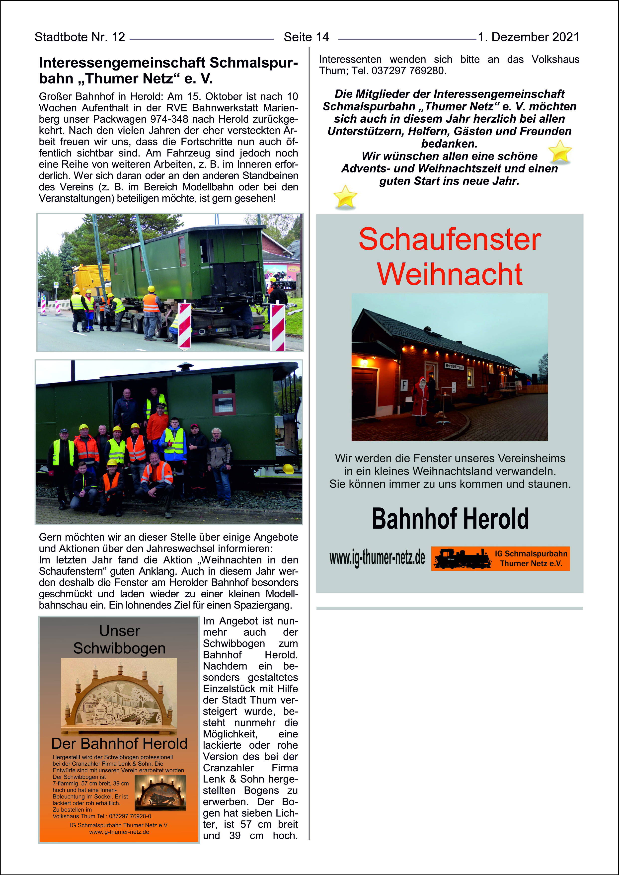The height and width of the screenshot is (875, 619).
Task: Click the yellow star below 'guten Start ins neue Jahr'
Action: (x=345, y=197)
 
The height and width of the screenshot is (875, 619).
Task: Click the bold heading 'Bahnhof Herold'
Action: (x=450, y=519)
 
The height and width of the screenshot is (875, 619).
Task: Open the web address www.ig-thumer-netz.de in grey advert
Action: (x=377, y=558)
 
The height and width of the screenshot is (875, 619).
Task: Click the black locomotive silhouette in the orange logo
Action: (x=462, y=559)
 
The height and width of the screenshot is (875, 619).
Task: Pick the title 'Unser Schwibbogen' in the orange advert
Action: (x=119, y=639)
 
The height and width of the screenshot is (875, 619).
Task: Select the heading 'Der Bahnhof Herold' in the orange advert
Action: (x=119, y=743)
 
